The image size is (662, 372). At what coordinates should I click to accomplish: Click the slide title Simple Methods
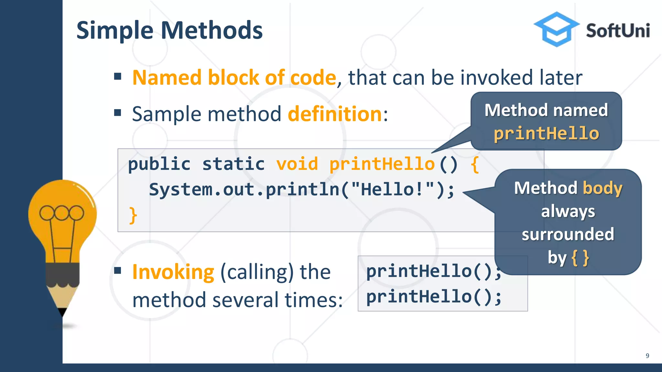pos(169,30)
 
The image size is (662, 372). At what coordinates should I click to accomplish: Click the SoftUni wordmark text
pos(618,31)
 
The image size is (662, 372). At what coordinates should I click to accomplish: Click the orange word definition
pos(335,114)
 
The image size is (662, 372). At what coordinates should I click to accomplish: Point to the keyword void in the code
pos(297,164)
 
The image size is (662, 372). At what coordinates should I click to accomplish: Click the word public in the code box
pos(159,164)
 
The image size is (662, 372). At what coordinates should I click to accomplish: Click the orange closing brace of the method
pos(133,215)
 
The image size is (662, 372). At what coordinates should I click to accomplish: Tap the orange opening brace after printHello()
pos(475,164)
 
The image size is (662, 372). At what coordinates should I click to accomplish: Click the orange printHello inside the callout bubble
pos(546,133)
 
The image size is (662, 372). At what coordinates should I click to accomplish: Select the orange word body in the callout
pos(602,188)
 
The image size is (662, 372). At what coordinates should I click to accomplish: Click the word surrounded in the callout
pos(568,234)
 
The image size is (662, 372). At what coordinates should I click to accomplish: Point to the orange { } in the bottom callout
pos(580,258)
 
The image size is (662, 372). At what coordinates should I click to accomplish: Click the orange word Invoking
pos(173,272)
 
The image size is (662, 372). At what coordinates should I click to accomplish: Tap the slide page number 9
pos(647,356)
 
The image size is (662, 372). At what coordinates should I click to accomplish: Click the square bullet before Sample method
pos(118,113)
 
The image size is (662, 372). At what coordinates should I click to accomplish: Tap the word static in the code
pos(233,164)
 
